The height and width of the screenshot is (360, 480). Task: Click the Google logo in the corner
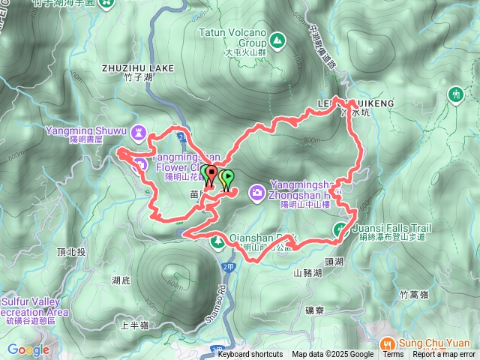28,349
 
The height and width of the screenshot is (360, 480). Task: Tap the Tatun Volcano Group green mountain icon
278,39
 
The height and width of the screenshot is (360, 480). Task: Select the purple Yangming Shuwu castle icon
139,132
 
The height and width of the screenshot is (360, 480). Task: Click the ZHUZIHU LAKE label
137,67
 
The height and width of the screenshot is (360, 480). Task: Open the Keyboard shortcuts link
250,355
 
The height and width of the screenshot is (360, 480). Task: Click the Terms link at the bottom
393,355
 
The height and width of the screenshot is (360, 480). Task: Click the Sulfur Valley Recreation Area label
34,307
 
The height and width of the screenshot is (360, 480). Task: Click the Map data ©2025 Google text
332,355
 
